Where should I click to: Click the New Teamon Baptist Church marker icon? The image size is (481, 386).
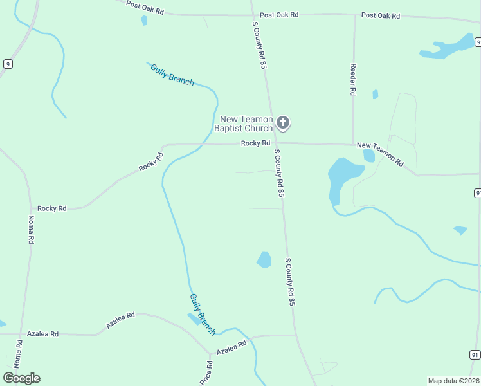click(x=283, y=122)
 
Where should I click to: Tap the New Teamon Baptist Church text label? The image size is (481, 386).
click(x=247, y=124)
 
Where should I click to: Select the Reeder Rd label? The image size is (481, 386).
click(x=353, y=80)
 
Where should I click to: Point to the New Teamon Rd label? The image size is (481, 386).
click(x=380, y=154)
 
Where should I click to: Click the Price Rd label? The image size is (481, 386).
click(x=206, y=372)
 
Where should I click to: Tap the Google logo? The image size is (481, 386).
click(x=21, y=378)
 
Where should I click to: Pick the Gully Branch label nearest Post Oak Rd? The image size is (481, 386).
click(x=172, y=75)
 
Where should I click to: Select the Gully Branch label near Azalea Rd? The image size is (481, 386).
click(x=203, y=314)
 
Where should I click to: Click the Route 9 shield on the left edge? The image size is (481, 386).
click(x=7, y=64)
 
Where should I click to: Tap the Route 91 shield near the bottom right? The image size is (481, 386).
click(x=475, y=354)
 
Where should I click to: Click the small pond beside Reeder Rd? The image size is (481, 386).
click(x=375, y=95)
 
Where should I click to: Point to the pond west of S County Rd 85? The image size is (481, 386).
click(x=264, y=259)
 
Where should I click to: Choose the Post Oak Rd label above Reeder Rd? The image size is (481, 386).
click(x=381, y=15)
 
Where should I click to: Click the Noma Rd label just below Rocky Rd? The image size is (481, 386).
click(x=30, y=230)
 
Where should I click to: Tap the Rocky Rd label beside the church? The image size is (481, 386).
click(x=255, y=143)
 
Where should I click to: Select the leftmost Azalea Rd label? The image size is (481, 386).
click(x=42, y=334)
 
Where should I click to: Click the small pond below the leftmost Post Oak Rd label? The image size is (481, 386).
click(x=144, y=21)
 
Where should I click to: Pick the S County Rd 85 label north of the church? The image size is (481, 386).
click(x=259, y=44)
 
